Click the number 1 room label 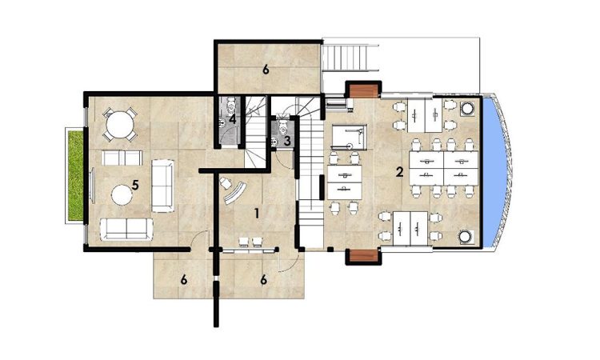click(x=256, y=213)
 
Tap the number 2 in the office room click(x=398, y=170)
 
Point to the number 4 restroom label click(x=233, y=119)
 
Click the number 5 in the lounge click(x=136, y=186)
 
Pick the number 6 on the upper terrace click(x=265, y=70)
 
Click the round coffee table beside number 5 click(x=121, y=194)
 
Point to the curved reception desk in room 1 click(x=234, y=189)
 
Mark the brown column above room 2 click(x=362, y=90)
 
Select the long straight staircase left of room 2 click(x=310, y=184)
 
